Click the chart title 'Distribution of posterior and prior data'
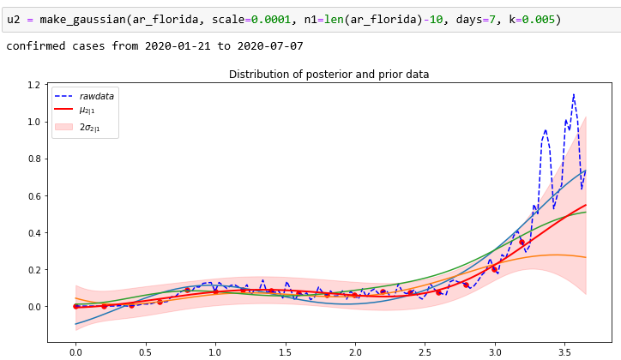coord(329,75)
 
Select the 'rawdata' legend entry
coord(94,96)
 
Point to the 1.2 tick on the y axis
coord(33,85)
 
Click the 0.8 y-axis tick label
coord(33,159)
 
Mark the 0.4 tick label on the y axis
coord(33,232)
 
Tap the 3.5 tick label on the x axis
coord(564,351)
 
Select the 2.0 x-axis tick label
coord(354,351)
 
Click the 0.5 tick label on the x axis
coord(145,351)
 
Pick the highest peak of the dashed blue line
coord(573,94)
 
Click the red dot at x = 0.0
coord(76,306)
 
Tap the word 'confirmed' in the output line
coord(37,45)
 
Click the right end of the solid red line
coord(586,205)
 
